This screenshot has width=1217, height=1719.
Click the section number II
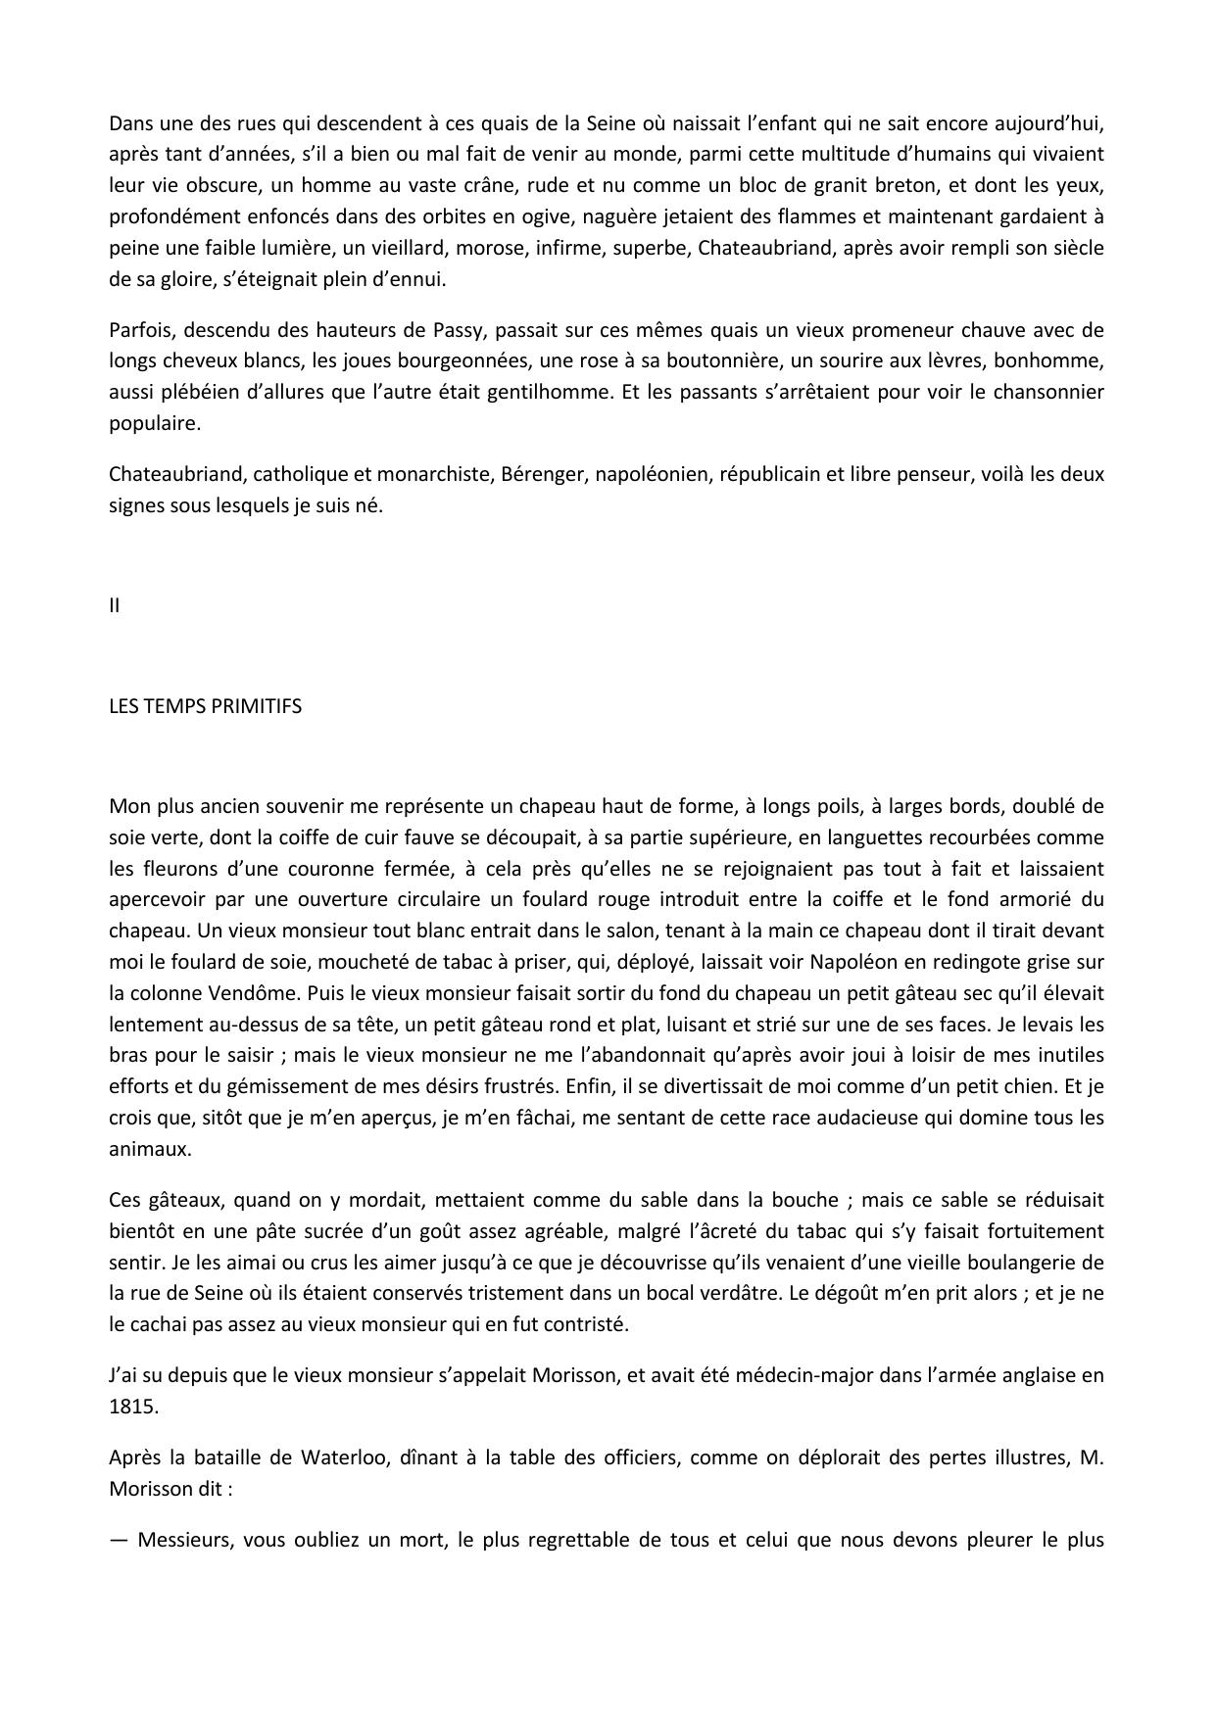coord(115,605)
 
